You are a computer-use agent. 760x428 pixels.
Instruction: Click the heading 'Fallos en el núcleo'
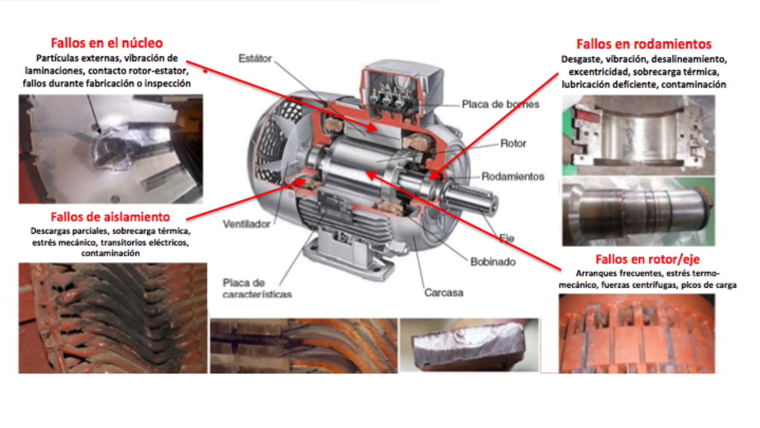(107, 43)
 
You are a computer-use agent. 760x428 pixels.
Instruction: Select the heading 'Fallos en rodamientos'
(644, 44)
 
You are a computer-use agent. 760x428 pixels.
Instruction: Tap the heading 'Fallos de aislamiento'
(110, 217)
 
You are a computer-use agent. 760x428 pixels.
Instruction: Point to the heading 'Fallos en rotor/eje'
(647, 259)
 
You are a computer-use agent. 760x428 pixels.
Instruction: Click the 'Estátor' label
(255, 58)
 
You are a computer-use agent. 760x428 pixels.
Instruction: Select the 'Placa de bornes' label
(500, 104)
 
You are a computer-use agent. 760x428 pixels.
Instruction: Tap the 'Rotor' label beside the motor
(513, 144)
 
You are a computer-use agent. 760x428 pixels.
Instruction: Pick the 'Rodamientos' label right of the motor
(513, 176)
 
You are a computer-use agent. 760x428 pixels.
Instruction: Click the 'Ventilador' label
(246, 224)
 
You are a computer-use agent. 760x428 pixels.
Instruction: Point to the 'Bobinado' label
(493, 262)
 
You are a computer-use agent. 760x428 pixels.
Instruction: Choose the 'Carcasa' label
(444, 293)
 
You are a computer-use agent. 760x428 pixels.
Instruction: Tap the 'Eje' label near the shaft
(507, 238)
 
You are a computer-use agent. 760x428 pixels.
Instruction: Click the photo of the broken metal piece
(469, 345)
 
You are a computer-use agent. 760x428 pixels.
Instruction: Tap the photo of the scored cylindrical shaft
(638, 212)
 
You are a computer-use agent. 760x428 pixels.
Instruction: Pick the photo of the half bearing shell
(638, 135)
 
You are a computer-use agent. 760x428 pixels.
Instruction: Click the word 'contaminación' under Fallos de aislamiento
(111, 253)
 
